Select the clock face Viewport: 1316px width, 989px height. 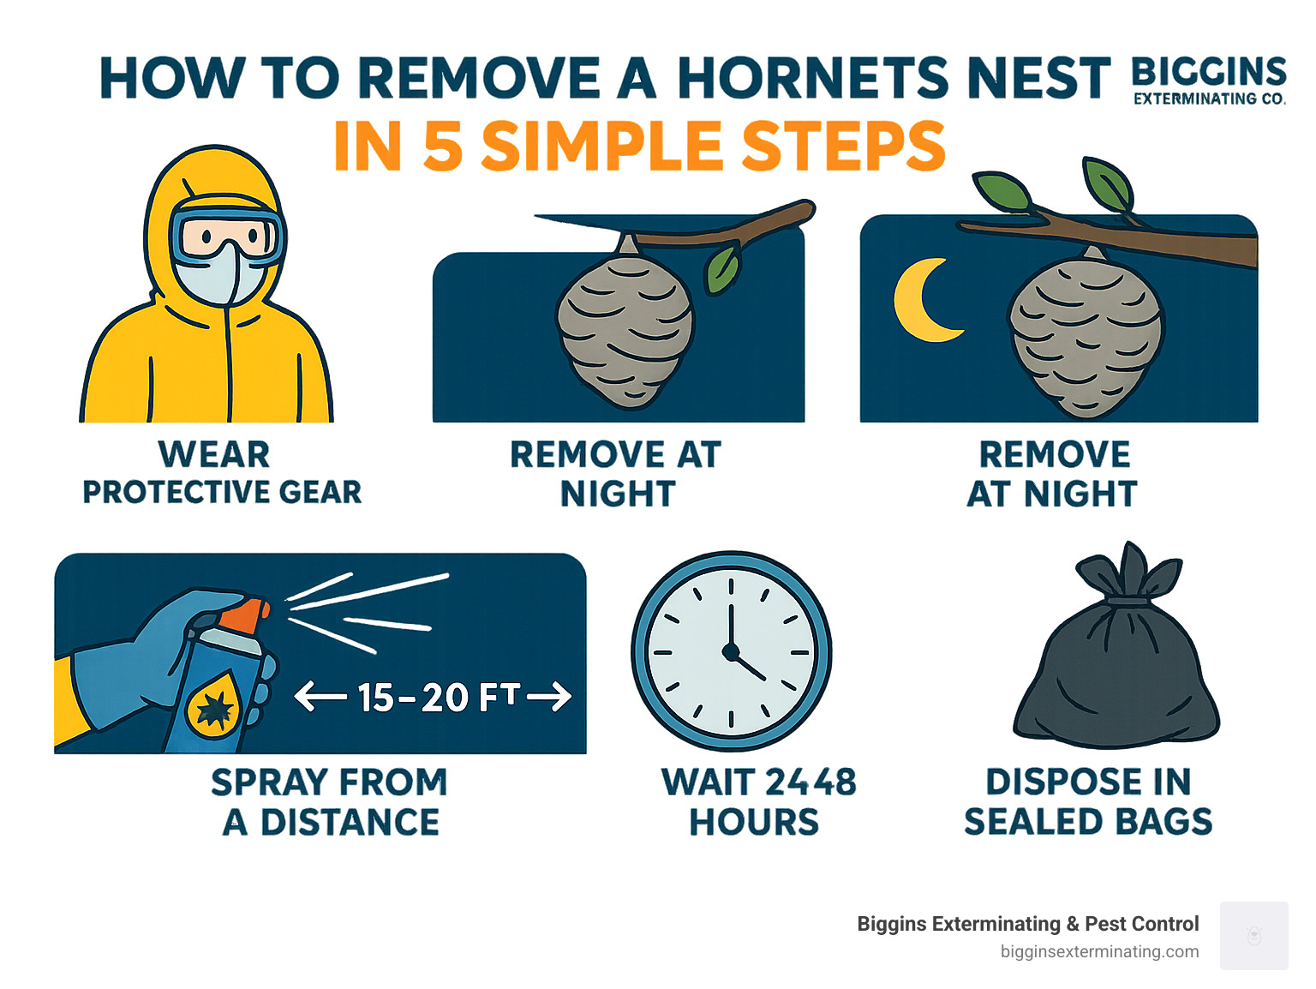[x=731, y=652]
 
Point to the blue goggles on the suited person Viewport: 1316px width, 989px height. [x=226, y=233]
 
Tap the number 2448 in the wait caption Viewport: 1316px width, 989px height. [x=810, y=782]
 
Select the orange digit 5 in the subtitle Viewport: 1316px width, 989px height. [x=443, y=146]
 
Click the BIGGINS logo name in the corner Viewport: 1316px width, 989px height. [x=1209, y=71]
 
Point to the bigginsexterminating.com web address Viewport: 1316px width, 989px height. [x=1099, y=951]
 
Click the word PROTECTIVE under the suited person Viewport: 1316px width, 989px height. [x=174, y=493]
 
